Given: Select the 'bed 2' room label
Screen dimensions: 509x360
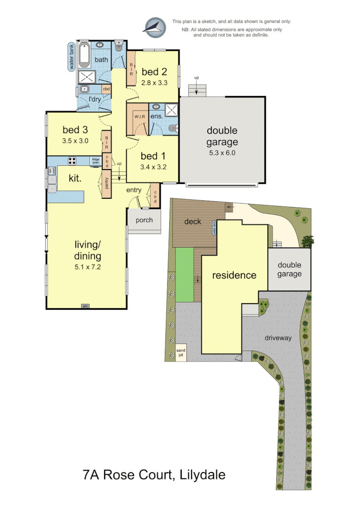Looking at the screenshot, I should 154,72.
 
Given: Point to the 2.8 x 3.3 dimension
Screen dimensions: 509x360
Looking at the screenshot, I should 154,82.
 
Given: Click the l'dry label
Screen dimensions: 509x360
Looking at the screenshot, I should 94,99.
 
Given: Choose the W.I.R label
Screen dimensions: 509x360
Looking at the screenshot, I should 140,117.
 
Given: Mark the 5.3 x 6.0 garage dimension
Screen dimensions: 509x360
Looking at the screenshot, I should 222,153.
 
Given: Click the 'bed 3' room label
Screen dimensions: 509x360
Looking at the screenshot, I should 75,130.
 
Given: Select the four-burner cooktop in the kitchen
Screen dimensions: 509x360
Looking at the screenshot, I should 73,161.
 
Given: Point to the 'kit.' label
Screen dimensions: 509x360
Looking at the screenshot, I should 74,178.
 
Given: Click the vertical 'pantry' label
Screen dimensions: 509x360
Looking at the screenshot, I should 106,182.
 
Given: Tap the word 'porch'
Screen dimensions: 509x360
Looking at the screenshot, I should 144,220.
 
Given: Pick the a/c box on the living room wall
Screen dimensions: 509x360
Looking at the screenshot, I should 86,306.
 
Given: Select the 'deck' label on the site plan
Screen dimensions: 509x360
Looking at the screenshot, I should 192,221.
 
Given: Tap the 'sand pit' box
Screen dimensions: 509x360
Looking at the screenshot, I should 181,353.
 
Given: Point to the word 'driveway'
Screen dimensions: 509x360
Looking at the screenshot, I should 278,338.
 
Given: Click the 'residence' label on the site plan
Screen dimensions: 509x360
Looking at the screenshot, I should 234,275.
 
